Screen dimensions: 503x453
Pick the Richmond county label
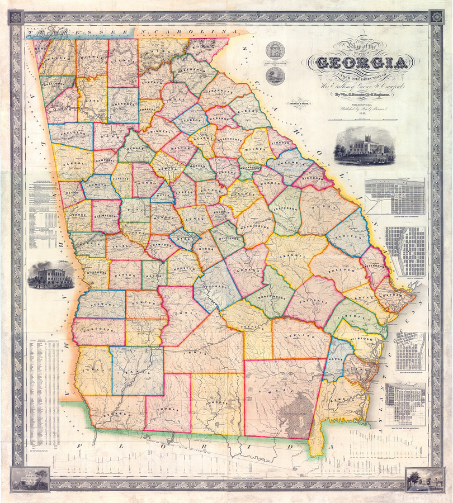(x=314, y=180)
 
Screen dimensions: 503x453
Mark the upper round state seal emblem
(x=274, y=51)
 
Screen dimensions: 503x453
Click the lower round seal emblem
(x=274, y=76)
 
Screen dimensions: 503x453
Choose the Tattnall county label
(x=312, y=301)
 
